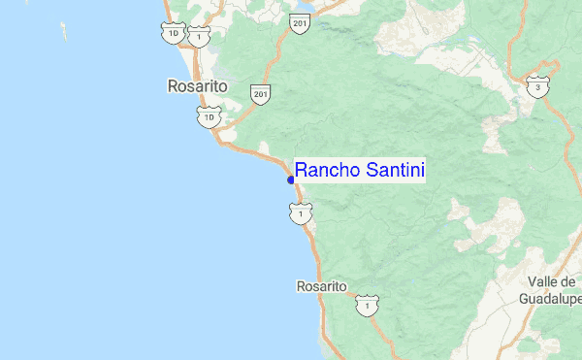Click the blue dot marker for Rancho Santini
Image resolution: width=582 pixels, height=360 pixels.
click(291, 180)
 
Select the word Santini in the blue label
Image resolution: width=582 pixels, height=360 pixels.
click(393, 171)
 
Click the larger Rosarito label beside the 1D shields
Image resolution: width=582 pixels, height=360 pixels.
click(197, 86)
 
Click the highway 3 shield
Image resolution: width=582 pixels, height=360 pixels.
click(536, 87)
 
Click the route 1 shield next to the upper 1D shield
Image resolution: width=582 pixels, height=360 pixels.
click(199, 36)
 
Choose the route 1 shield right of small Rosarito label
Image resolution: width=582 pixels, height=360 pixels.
click(366, 306)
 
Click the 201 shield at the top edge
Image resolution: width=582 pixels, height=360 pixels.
click(299, 22)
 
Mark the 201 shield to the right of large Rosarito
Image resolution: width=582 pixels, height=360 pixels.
click(259, 93)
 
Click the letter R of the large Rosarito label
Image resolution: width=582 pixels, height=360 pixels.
click(172, 86)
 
